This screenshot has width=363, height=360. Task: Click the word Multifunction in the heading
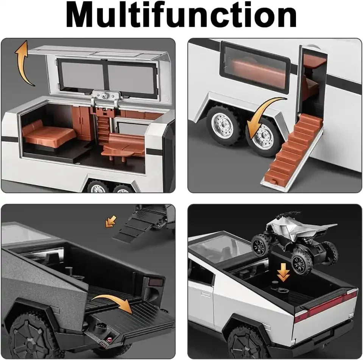tap(181, 16)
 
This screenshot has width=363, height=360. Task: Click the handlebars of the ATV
tap(288, 214)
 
